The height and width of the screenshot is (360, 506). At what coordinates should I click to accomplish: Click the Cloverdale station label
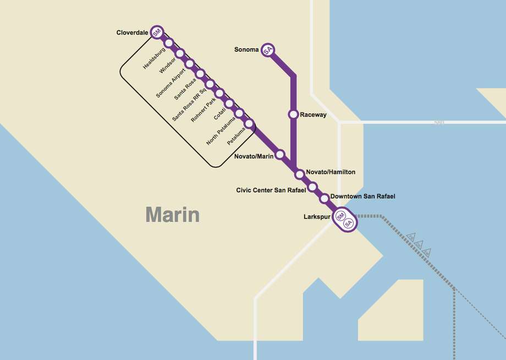point(132,32)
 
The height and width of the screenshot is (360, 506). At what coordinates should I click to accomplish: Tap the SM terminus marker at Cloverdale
point(157,32)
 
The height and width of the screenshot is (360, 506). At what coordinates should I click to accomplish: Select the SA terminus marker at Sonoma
point(268,50)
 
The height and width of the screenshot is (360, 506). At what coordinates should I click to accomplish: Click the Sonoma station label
point(246,50)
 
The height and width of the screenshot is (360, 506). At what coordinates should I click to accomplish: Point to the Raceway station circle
point(293,114)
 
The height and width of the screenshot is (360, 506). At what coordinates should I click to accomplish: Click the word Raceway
point(313,115)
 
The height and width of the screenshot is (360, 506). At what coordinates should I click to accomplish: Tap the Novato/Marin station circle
point(280,155)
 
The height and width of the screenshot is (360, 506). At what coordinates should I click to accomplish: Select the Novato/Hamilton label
point(331,172)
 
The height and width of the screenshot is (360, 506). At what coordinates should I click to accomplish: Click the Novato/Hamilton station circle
point(300,174)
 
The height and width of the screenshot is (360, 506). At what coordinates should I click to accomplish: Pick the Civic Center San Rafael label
point(271,190)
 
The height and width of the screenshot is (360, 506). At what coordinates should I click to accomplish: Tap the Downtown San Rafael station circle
point(324,198)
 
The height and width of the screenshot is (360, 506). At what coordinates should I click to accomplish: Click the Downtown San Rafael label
point(363,197)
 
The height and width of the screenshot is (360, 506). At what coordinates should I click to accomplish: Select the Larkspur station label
point(317,217)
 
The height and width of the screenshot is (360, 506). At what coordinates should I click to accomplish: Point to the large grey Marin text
point(172,215)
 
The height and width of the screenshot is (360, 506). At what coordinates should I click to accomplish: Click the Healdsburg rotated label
point(154,58)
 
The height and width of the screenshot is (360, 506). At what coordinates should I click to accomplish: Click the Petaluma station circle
point(249,124)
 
